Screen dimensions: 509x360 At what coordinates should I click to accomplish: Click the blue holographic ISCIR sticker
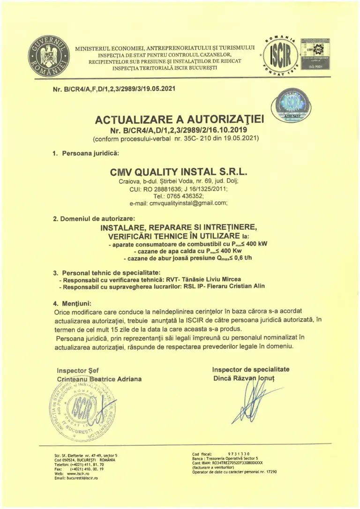point(287,107)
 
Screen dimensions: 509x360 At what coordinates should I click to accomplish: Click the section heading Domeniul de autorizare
point(97,218)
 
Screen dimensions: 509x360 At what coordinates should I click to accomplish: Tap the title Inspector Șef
point(77,370)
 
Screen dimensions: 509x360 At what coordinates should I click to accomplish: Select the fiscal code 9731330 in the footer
point(239,454)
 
